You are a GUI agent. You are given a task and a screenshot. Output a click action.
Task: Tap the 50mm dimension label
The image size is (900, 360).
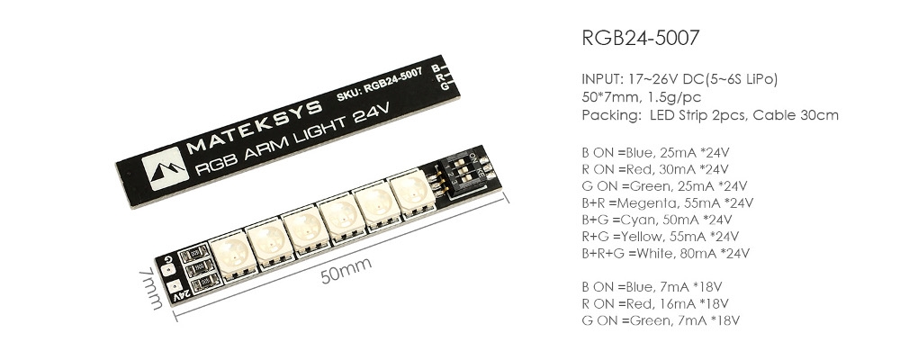pyautogui.click(x=346, y=270)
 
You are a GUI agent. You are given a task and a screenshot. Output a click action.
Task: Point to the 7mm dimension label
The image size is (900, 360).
pyautogui.click(x=150, y=286)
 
